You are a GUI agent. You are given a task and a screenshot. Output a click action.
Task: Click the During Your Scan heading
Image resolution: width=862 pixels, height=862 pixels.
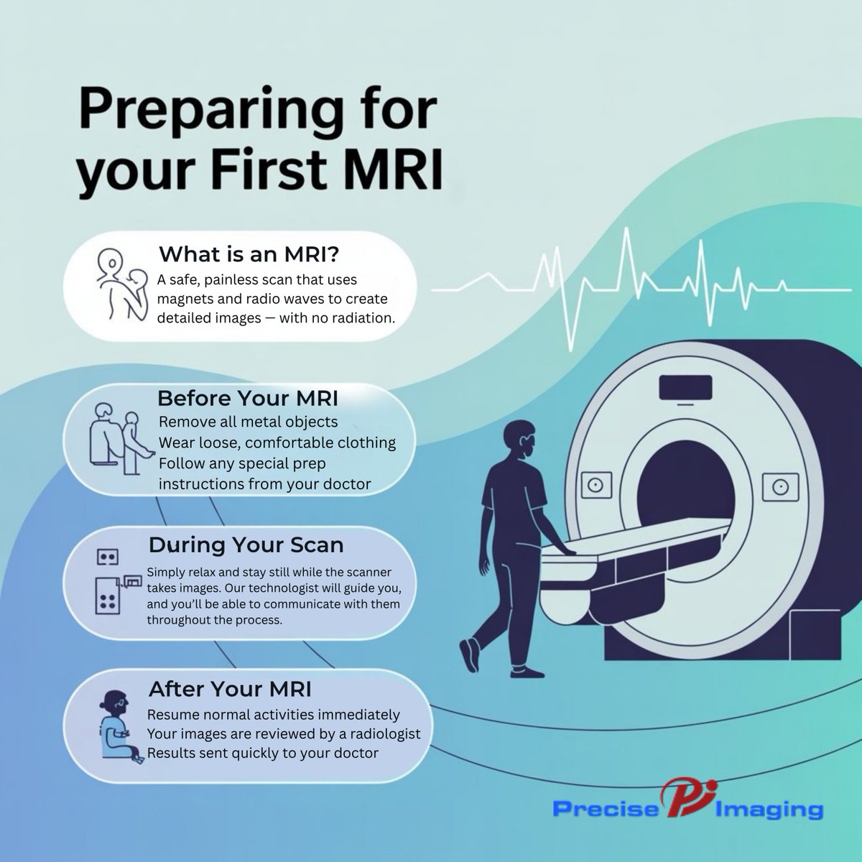(x=246, y=545)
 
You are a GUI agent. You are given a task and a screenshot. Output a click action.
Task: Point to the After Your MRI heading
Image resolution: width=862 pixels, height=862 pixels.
(x=230, y=690)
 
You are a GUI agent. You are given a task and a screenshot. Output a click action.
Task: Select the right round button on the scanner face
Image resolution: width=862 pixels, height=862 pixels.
(x=776, y=486)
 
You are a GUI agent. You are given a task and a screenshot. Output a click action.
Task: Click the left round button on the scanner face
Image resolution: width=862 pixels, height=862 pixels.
(x=594, y=486)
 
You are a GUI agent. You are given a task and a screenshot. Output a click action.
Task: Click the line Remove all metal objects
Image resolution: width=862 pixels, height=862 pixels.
(x=248, y=421)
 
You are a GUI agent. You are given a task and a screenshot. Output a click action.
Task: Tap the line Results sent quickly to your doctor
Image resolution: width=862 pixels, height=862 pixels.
(x=262, y=753)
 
